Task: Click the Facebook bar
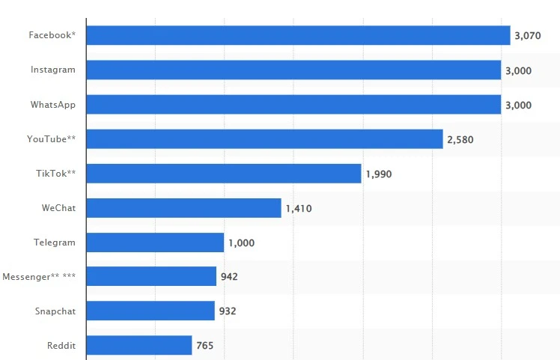pos(298,35)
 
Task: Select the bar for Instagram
pos(293,70)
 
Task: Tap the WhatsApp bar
pos(293,105)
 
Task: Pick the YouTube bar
pos(264,139)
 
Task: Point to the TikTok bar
pos(224,174)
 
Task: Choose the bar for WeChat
pos(183,208)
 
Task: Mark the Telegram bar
pos(155,242)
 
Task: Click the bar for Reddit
pos(139,345)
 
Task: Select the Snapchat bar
pos(150,311)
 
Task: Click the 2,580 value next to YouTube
pos(460,140)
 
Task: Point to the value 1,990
pos(379,174)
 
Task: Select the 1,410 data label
pos(299,209)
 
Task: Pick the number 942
pos(229,277)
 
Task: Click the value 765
pos(205,346)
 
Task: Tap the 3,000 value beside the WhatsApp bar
pos(518,106)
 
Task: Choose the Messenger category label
pos(39,277)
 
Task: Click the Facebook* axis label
pos(52,35)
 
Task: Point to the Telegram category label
pos(55,242)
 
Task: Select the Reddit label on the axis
pos(61,345)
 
